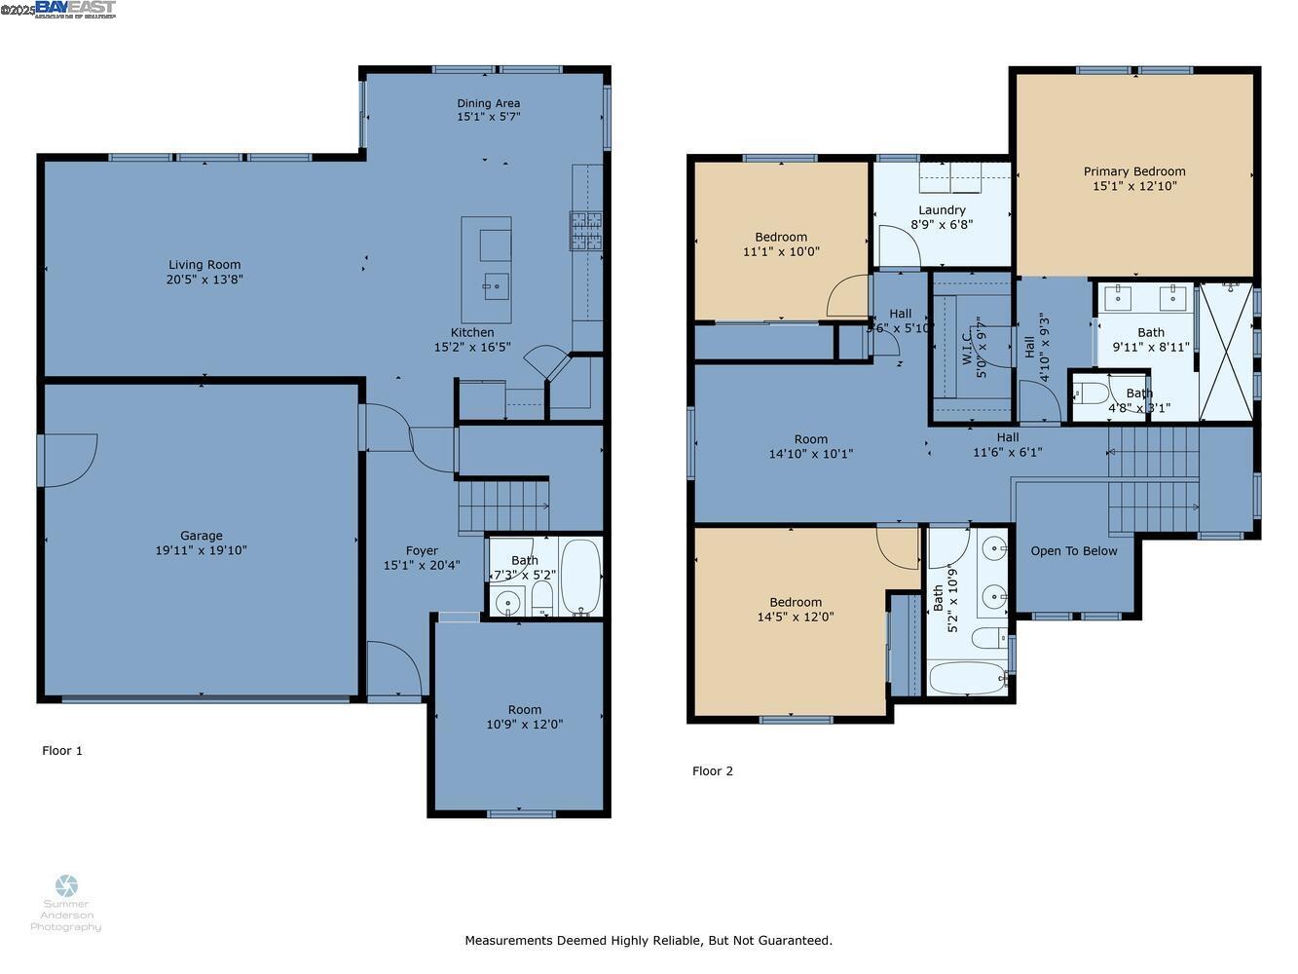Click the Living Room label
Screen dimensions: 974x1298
[x=204, y=265]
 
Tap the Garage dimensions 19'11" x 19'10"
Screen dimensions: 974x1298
[x=202, y=550]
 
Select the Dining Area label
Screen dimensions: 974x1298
[x=489, y=103]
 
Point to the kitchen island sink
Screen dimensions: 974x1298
[x=496, y=285]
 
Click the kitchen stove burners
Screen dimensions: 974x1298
[x=586, y=232]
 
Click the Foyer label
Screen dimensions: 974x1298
[x=422, y=550]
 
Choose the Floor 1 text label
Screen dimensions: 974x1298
[x=62, y=751]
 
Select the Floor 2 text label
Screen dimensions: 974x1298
[x=713, y=771]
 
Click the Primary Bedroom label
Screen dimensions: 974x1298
[x=1134, y=171]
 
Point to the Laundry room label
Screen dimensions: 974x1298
[x=942, y=210]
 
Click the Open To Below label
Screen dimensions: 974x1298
[x=1074, y=551]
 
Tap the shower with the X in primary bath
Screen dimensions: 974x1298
[x=1226, y=351]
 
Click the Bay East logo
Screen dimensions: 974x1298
[x=75, y=9]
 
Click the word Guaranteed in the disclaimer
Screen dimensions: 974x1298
[x=790, y=941]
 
